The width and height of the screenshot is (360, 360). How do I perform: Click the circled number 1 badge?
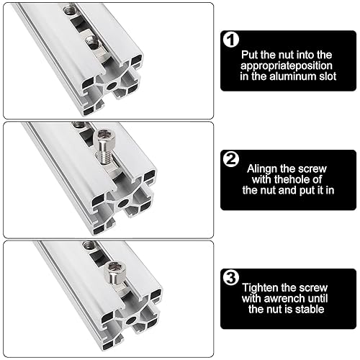(x=231, y=40)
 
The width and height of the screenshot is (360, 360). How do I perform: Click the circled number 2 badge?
(x=231, y=159)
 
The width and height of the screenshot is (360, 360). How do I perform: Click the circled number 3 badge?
(x=231, y=278)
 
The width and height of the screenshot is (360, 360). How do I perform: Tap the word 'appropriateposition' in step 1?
(x=287, y=66)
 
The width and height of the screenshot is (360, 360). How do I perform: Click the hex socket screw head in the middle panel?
(x=105, y=136)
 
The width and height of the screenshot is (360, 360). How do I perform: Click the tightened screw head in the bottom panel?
(x=115, y=271)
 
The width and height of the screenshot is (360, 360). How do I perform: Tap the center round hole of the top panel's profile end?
(x=112, y=86)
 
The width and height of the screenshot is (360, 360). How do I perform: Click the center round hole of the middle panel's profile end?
(x=123, y=204)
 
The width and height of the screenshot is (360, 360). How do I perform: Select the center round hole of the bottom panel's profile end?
(x=131, y=320)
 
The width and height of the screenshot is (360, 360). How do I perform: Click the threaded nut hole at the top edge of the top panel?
(x=70, y=9)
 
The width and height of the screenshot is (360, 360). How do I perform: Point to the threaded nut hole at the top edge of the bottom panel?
(x=89, y=245)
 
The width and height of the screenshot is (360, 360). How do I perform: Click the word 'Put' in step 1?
(x=250, y=55)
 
